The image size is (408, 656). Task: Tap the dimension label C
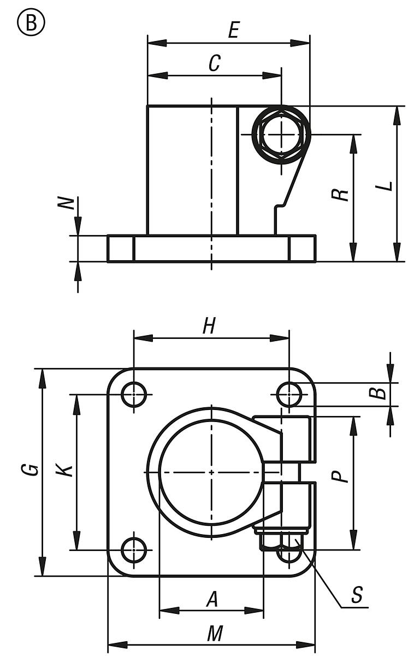click(x=215, y=64)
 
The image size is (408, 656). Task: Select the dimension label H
click(x=209, y=326)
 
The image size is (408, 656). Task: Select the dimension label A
click(x=212, y=600)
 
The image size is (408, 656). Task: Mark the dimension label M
click(x=215, y=634)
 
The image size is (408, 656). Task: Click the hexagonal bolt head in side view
click(x=281, y=134)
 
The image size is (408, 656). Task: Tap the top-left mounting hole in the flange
click(x=134, y=394)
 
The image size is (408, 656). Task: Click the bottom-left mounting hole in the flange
click(x=134, y=549)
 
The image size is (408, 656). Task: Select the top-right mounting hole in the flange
click(x=289, y=394)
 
